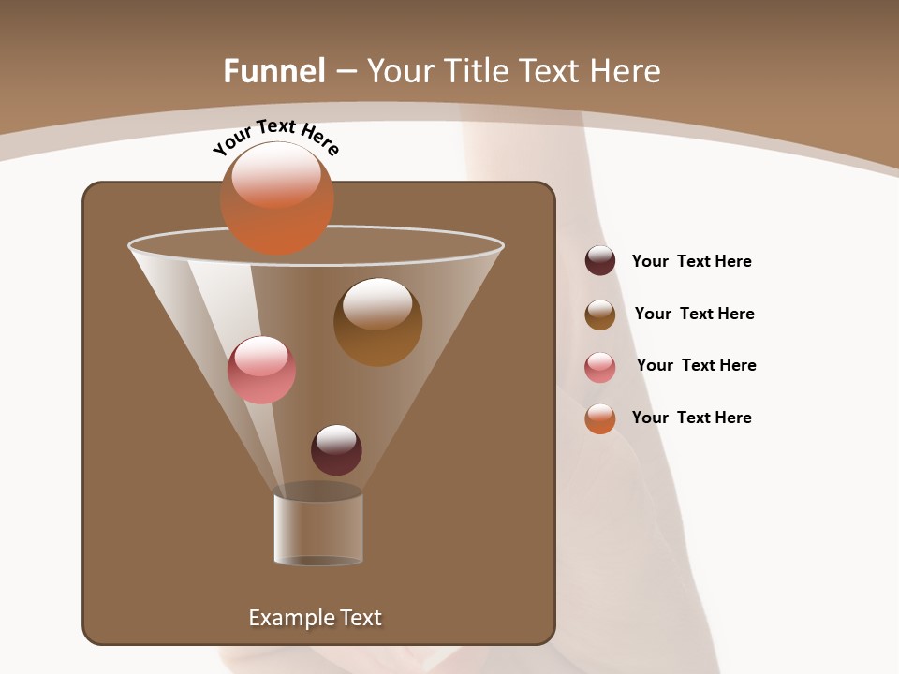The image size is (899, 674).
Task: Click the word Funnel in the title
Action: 273,70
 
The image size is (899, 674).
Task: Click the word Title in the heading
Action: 476,70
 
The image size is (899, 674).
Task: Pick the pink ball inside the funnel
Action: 261,371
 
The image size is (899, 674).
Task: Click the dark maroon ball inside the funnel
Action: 336,450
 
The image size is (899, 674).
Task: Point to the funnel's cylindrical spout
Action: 318,529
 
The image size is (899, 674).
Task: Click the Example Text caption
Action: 315,618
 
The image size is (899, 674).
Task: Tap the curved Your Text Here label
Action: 275,137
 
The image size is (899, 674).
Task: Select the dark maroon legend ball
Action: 600,261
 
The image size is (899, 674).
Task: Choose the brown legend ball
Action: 600,314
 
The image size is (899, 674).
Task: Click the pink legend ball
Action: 600,366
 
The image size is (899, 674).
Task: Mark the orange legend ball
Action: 600,418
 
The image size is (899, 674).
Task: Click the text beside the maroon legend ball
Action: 691,261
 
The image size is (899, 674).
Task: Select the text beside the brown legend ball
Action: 694,314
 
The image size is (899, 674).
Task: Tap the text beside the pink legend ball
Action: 696,365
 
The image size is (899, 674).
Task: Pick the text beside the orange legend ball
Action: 691,418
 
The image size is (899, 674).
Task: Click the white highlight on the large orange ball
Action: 276,175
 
